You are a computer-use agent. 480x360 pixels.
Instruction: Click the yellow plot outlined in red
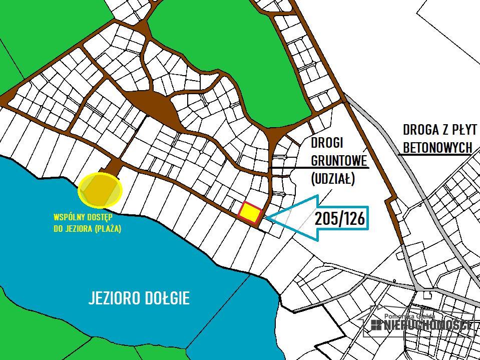250,213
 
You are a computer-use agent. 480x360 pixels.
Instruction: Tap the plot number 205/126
339,219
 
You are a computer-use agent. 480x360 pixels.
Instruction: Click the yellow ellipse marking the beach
100,190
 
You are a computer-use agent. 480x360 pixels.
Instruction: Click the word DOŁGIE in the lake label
171,298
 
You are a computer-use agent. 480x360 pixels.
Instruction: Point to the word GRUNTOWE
339,160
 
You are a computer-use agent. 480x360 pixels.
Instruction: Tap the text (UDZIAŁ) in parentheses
333,178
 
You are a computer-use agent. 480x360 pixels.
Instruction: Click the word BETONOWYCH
437,147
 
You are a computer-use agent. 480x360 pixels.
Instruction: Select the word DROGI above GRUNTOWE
327,143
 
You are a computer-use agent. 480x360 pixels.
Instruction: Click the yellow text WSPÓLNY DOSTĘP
83,218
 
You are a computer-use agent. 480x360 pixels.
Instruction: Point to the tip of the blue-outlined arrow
266,217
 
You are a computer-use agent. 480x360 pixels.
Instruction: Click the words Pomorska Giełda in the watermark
409,316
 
